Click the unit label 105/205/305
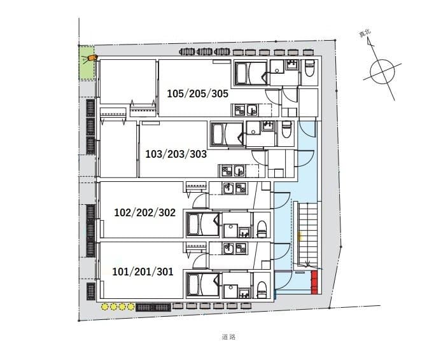click(197, 93)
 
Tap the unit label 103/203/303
click(176, 154)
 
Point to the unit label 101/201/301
click(143, 272)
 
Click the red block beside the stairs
click(314, 282)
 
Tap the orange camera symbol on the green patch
click(92, 58)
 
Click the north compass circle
click(382, 71)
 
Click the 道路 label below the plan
click(229, 337)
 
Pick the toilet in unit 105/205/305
click(310, 68)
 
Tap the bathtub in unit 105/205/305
click(245, 74)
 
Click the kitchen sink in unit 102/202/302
click(241, 189)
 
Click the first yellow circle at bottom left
click(106, 307)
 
